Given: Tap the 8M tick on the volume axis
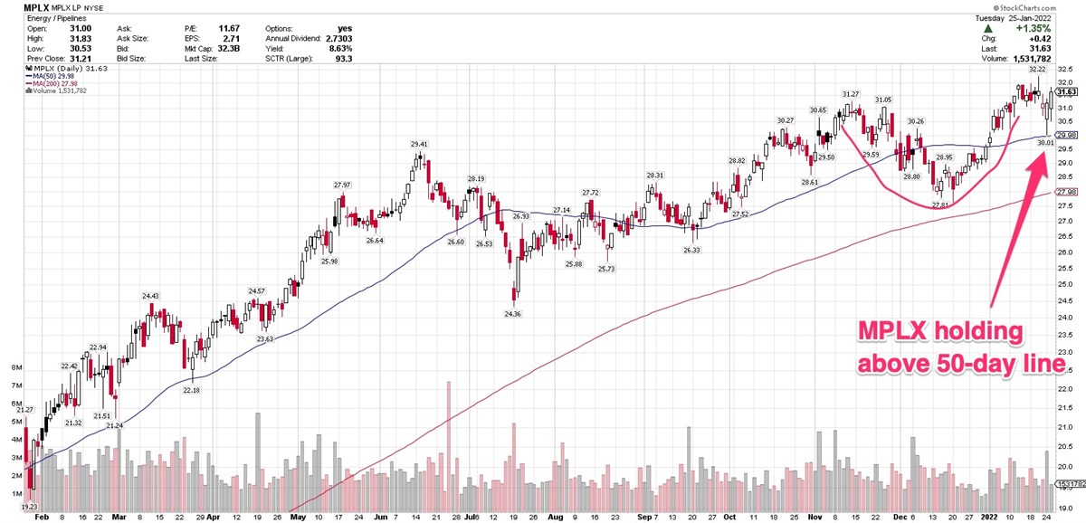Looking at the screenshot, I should pos(17,368).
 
